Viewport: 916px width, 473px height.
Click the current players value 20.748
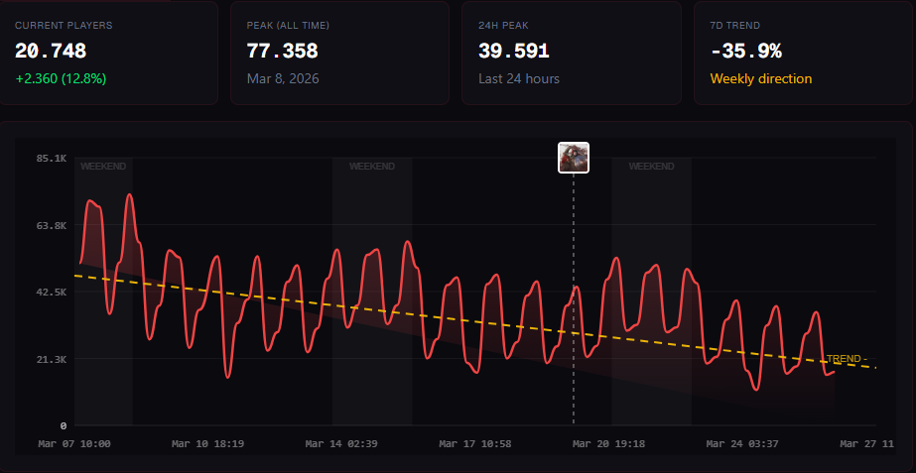point(51,52)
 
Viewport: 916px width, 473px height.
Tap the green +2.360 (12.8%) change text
point(61,79)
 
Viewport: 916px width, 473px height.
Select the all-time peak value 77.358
point(282,52)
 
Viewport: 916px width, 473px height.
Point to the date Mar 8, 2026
point(283,79)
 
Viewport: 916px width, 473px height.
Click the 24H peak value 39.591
point(514,52)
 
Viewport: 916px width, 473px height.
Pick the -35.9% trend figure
point(746,52)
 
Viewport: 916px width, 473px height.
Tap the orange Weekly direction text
point(761,79)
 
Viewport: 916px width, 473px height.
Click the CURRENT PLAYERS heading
point(64,26)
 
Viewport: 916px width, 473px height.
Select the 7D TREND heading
point(735,26)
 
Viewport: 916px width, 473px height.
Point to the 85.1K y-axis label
point(52,158)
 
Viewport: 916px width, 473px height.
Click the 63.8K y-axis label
point(52,225)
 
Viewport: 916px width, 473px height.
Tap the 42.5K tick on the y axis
point(52,292)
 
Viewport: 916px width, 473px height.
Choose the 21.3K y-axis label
point(52,359)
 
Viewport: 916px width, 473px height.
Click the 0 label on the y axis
point(64,425)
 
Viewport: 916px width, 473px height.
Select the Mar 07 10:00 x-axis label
point(74,444)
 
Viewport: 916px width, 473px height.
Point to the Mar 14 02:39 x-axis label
point(341,444)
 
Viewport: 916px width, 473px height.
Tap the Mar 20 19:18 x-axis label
point(608,444)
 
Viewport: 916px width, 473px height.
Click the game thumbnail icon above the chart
point(574,158)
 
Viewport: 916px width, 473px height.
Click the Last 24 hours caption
point(519,79)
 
